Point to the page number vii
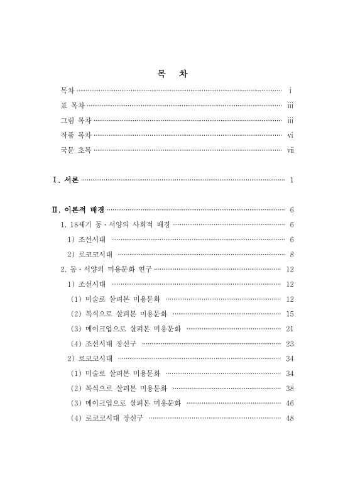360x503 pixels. point(290,150)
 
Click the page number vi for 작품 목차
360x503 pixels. point(290,135)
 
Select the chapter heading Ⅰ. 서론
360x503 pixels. point(65,180)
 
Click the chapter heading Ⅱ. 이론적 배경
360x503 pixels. point(79,209)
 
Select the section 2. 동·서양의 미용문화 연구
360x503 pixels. point(106,269)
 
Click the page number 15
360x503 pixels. point(290,314)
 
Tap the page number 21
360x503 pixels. point(290,329)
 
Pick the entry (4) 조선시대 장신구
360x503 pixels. point(104,344)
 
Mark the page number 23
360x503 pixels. point(290,344)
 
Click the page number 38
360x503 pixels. point(290,389)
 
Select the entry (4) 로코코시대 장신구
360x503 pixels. point(107,419)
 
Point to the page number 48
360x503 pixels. point(290,419)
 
